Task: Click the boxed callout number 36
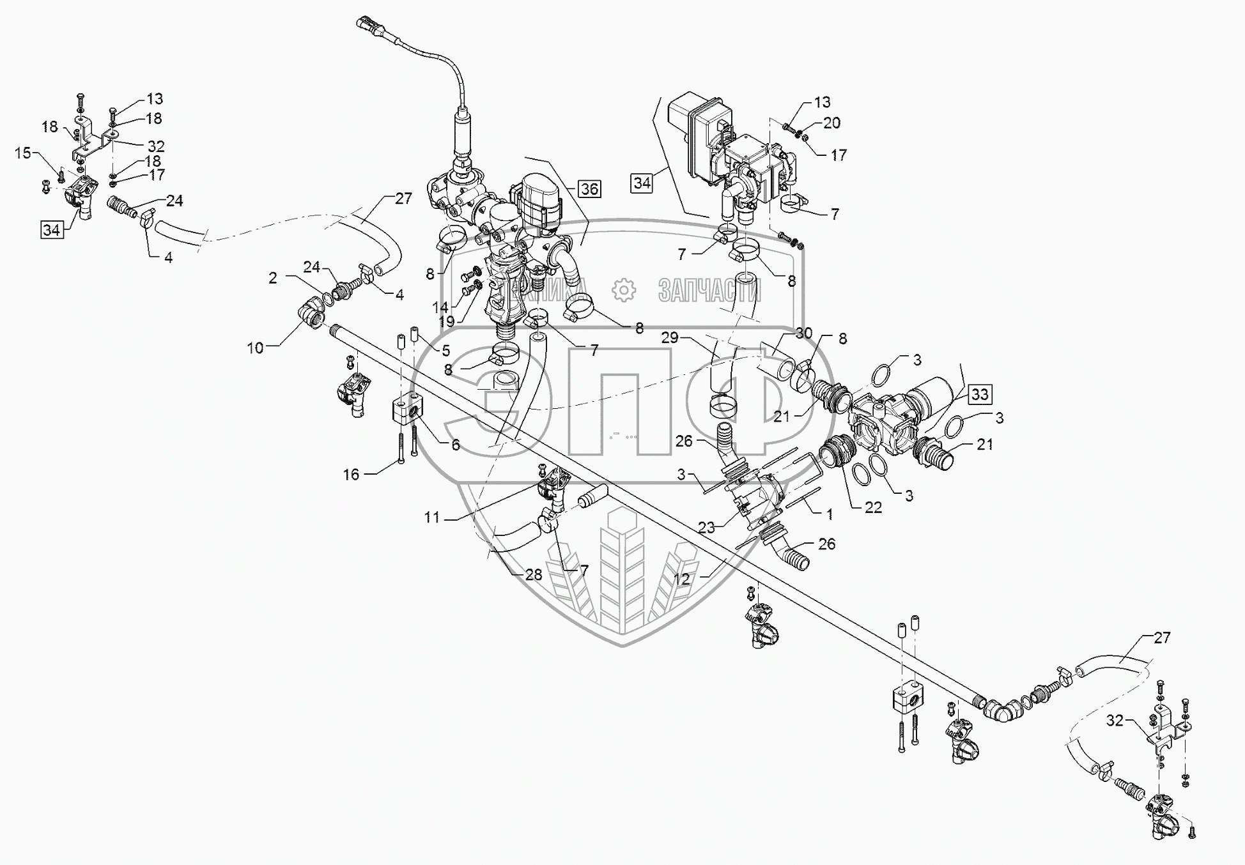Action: click(589, 188)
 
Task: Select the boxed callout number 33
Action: click(980, 395)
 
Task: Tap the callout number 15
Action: click(23, 153)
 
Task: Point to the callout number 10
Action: click(255, 348)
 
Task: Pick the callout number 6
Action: click(455, 445)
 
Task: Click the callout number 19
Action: click(447, 321)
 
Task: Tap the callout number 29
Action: click(669, 338)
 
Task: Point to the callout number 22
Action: click(873, 507)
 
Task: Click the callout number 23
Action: click(706, 528)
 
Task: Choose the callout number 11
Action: click(432, 517)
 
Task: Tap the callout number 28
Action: click(533, 574)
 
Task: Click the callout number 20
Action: click(831, 123)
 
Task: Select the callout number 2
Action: click(273, 277)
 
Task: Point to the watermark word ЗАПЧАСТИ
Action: click(709, 291)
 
